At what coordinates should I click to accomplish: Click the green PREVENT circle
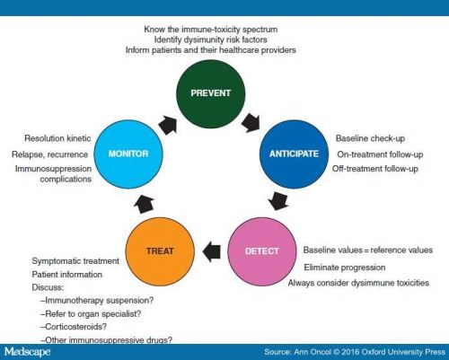[211, 93]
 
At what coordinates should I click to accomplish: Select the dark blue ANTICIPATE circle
[294, 154]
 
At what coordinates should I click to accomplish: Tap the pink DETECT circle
[262, 251]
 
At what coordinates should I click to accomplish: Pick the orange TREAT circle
[160, 251]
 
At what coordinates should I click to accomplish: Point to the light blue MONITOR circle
[128, 154]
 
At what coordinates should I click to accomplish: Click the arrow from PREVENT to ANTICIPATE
[251, 123]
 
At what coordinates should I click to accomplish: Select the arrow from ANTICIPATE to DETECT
[278, 201]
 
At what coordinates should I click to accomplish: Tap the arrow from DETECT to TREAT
[212, 251]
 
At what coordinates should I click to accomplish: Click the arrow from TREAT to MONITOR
[144, 204]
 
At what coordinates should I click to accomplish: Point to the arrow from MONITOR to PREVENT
[168, 125]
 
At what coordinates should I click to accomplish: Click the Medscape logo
[28, 351]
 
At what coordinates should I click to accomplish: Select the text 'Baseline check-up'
[370, 138]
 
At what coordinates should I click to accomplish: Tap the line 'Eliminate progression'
[345, 268]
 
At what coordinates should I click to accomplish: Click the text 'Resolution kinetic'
[57, 138]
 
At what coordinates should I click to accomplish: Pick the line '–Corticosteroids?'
[74, 327]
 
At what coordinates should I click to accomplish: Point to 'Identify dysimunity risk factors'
[211, 40]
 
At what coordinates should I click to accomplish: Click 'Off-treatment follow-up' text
[375, 169]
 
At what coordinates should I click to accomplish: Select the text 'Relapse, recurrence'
[50, 154]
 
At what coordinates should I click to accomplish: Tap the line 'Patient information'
[67, 275]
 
